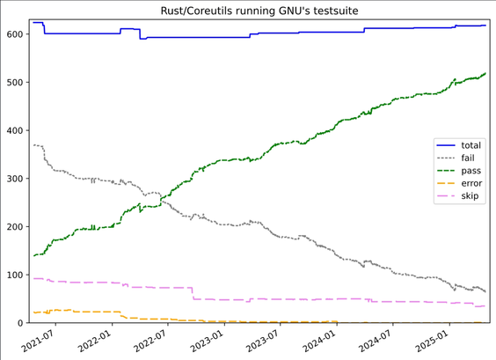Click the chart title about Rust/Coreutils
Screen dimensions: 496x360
259,11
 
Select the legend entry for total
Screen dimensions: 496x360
471,145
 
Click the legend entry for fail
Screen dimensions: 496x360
468,158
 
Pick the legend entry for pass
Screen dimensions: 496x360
471,171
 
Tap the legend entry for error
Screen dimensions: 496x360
471,183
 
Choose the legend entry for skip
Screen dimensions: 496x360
470,196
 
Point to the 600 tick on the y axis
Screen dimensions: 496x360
15,34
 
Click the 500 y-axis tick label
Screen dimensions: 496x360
15,83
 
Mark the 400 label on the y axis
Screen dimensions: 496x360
15,130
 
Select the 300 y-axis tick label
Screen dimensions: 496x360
15,179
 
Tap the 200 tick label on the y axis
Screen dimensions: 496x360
15,227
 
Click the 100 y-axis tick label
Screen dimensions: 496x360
15,275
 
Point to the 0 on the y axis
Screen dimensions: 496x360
20,323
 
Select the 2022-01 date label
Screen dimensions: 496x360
95,341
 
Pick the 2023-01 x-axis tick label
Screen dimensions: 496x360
208,341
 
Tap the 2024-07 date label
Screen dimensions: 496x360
376,341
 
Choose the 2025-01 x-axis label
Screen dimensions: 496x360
433,341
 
